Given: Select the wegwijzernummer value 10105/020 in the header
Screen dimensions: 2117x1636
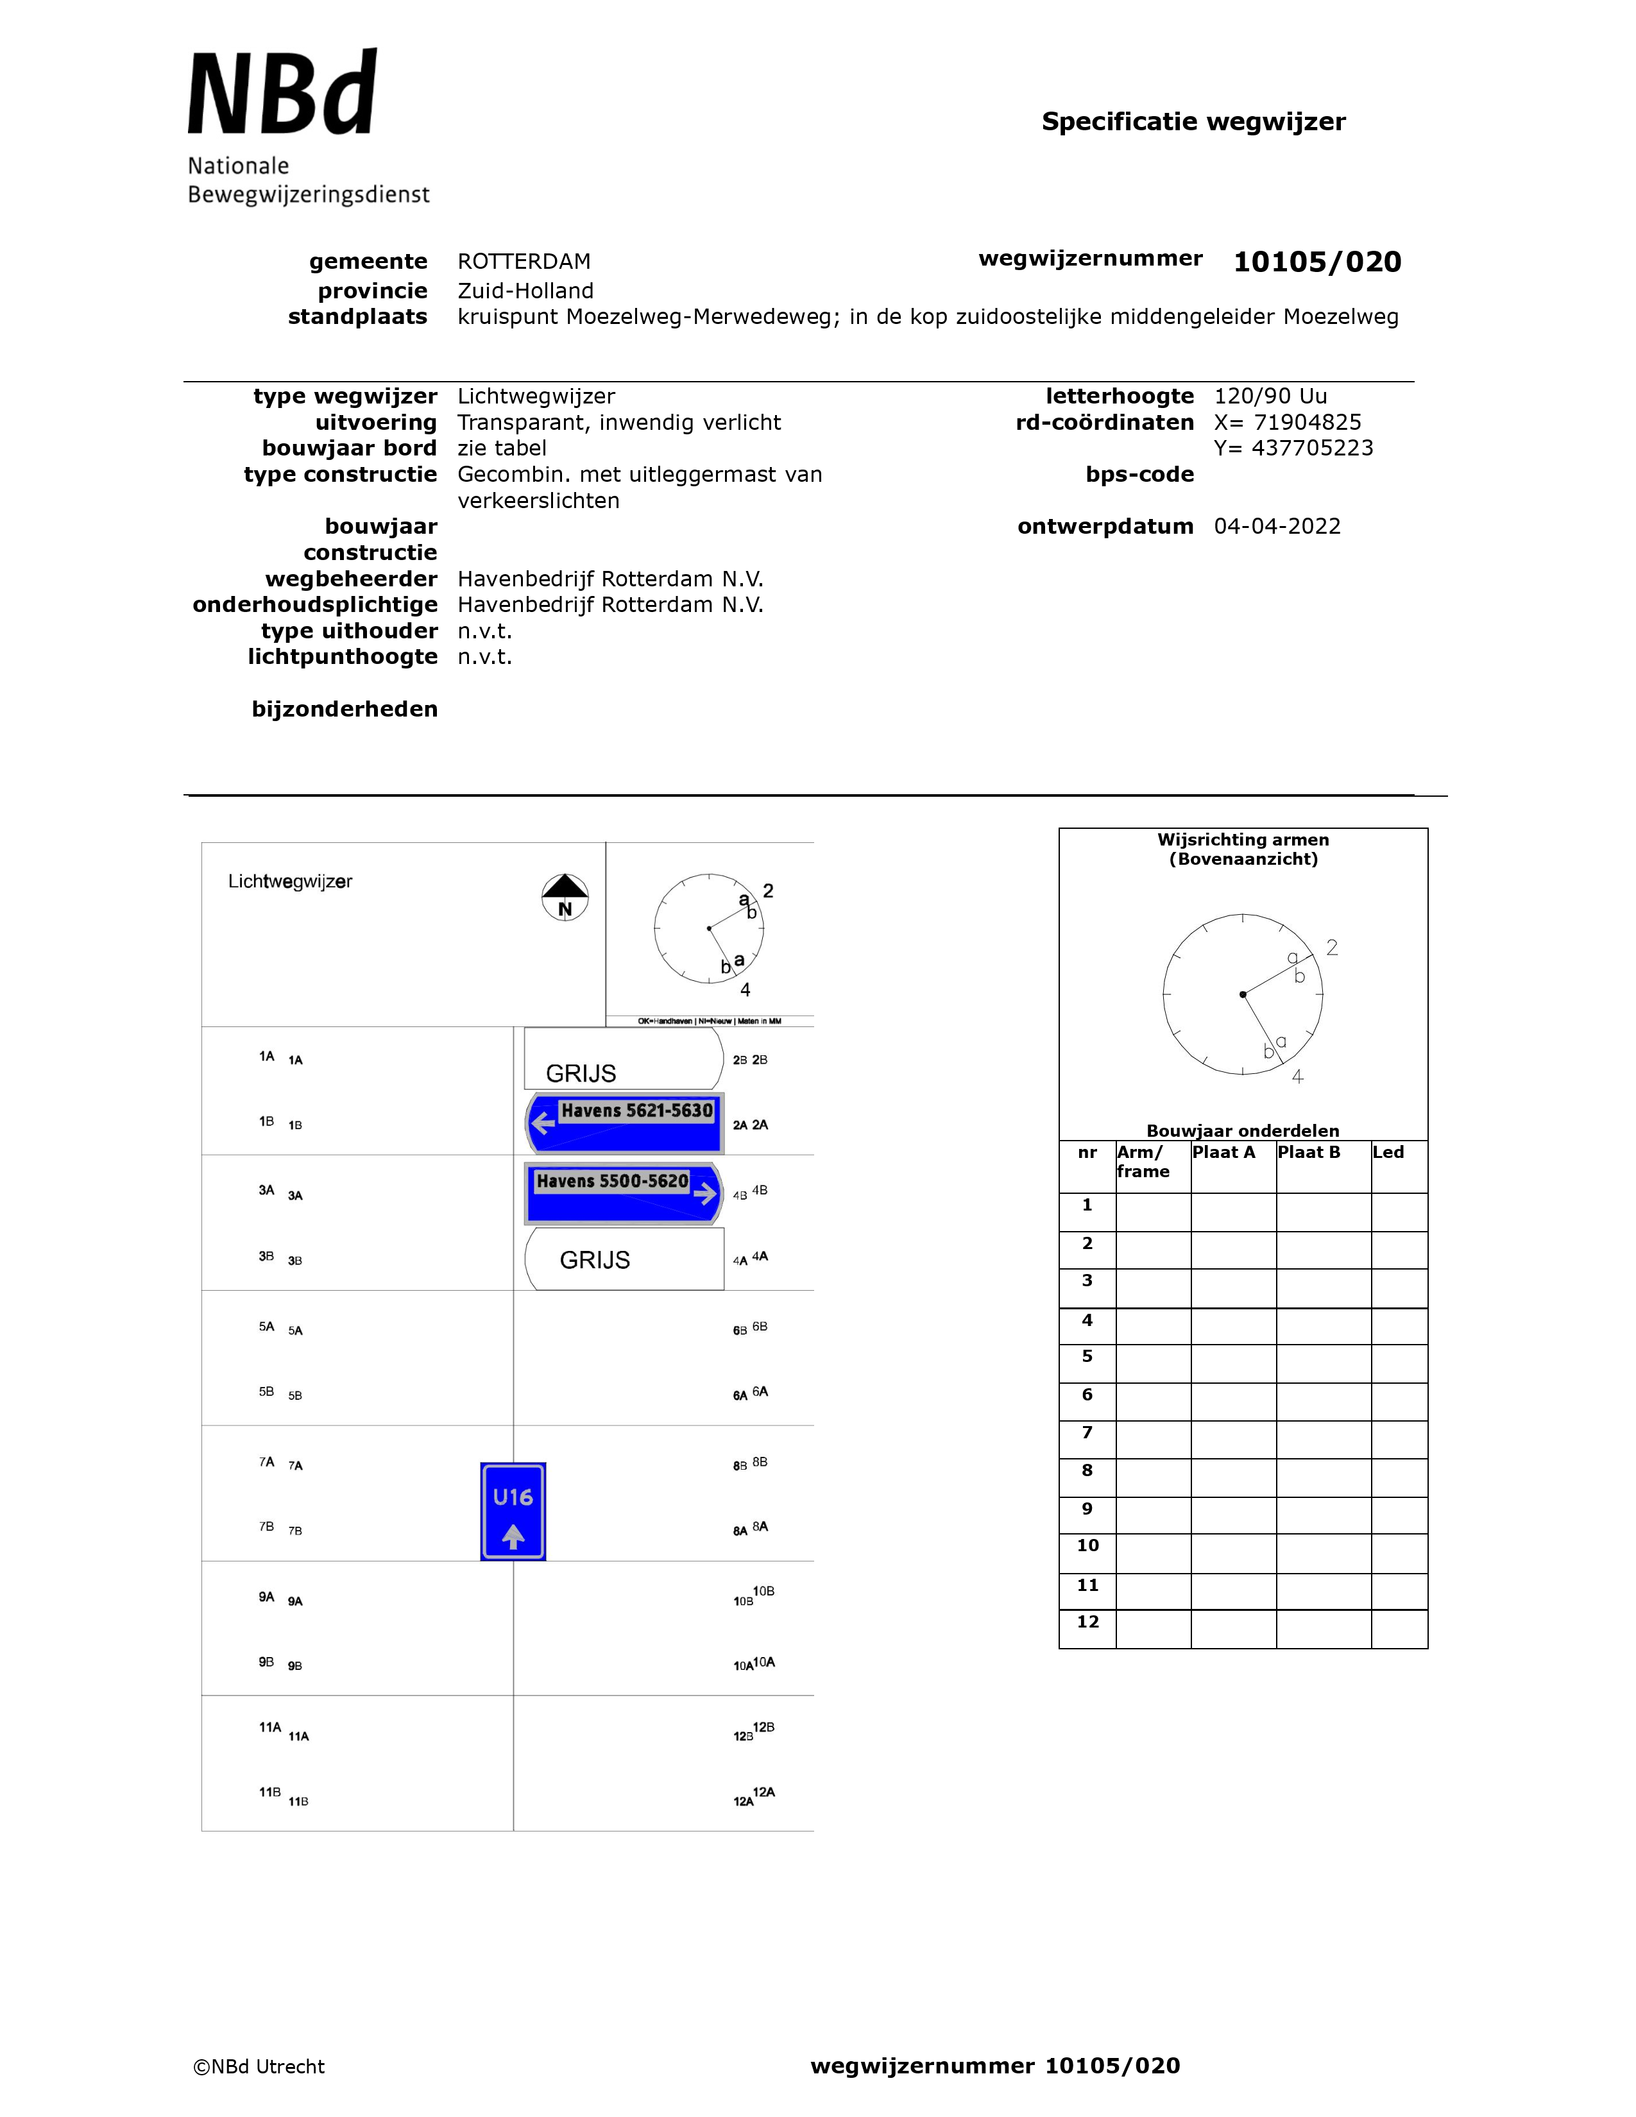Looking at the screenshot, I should click(x=1316, y=262).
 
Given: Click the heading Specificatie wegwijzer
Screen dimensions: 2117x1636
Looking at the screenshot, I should click(x=1193, y=122).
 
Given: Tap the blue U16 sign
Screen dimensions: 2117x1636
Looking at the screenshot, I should click(x=513, y=1511).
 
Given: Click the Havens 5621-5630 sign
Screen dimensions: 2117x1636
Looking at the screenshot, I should click(x=625, y=1121).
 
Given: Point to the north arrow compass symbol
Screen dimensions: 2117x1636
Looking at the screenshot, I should click(x=565, y=897).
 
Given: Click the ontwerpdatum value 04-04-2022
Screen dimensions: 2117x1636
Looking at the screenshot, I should click(x=1277, y=526).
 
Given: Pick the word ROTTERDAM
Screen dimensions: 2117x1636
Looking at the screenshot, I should click(x=524, y=262).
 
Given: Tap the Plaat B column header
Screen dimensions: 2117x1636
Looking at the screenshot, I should click(x=1308, y=1153).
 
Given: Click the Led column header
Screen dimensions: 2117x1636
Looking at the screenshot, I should click(x=1388, y=1153).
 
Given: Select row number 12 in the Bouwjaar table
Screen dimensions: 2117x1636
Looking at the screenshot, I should click(x=1087, y=1622).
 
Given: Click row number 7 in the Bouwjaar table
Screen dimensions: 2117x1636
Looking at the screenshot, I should click(x=1087, y=1433).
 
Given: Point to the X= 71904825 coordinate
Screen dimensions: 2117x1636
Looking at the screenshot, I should click(x=1287, y=423).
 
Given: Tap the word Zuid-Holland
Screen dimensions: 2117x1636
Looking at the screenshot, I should click(x=525, y=291).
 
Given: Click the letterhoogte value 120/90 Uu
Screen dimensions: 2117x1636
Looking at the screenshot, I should click(x=1270, y=396).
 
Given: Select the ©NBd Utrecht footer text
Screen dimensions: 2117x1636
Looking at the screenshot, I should click(x=259, y=2066).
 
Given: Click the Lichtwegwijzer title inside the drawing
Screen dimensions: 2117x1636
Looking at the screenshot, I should click(x=290, y=881).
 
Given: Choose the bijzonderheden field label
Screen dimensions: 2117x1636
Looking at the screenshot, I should click(x=344, y=710).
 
